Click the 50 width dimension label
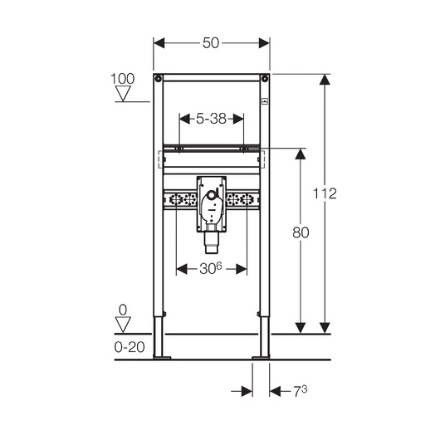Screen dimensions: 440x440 coord(211,43)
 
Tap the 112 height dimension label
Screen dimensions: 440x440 coord(325,193)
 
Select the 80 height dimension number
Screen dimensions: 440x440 coord(301,232)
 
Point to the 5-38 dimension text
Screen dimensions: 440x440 coord(211,119)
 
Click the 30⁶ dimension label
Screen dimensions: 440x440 coord(211,268)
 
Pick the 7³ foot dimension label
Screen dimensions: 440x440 coord(300,391)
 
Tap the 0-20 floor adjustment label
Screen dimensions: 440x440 coord(130,347)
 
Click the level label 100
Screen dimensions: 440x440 coord(123,79)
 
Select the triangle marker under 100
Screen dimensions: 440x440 coord(123,93)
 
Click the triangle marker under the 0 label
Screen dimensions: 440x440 coord(123,325)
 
